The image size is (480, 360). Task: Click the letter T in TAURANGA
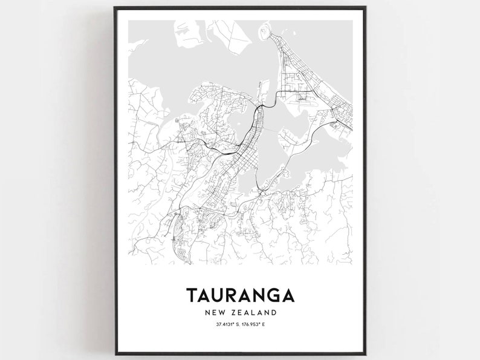(x=193, y=295)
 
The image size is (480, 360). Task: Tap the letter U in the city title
(x=222, y=295)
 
